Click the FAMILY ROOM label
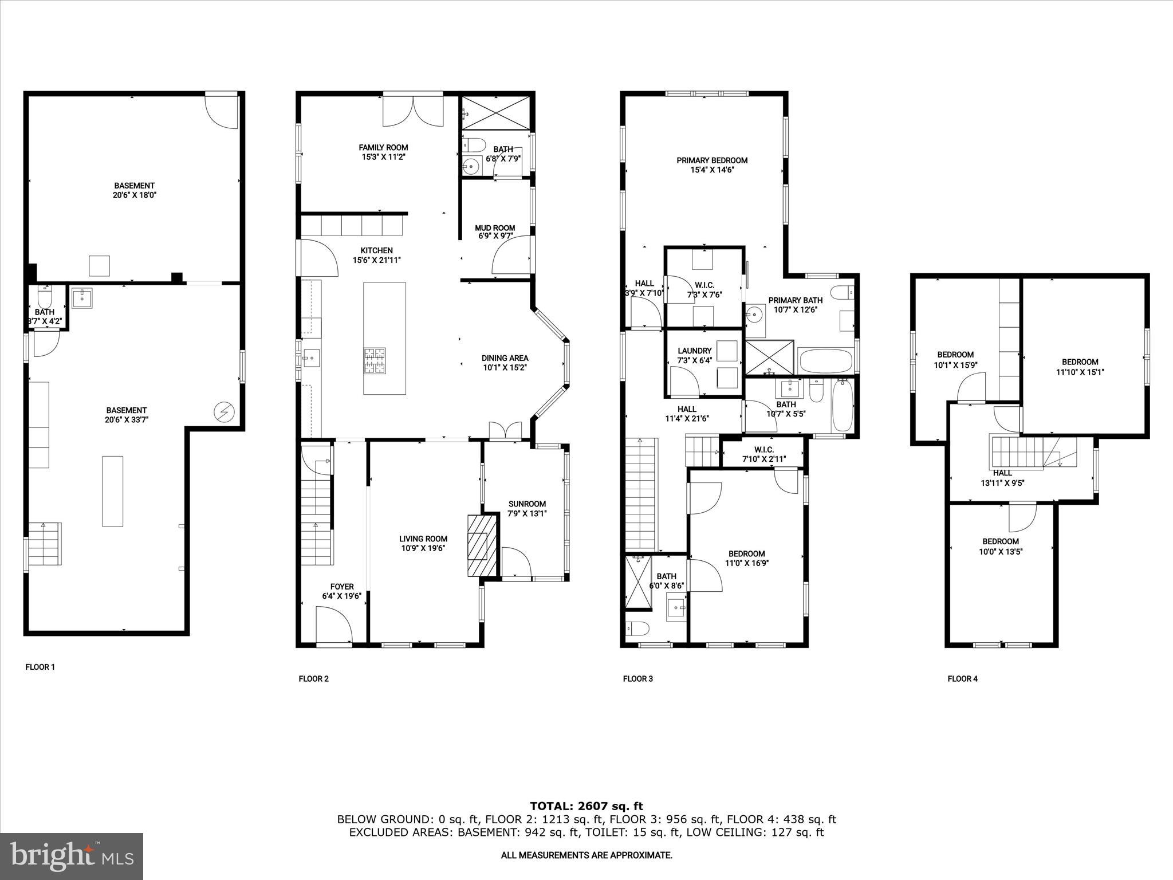coord(383,152)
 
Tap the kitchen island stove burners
coord(374,361)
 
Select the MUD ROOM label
coord(495,231)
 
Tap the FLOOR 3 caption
coord(637,679)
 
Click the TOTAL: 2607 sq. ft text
coord(586,807)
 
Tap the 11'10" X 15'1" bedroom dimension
coord(1080,371)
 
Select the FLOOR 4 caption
coord(962,679)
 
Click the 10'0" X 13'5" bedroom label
coord(1001,547)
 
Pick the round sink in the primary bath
coord(756,313)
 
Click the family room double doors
coord(412,110)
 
